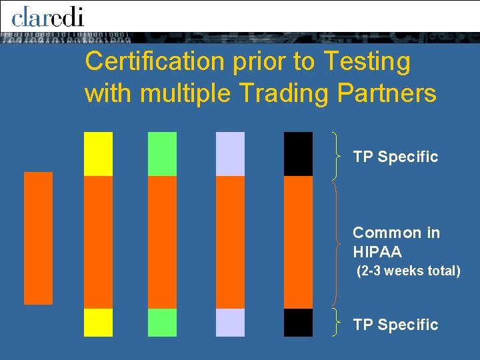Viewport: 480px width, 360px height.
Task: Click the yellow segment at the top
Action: [x=98, y=154]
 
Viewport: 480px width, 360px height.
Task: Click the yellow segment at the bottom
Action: [x=98, y=322]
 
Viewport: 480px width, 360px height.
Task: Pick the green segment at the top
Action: [x=162, y=154]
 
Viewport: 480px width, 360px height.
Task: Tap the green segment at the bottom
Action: [x=162, y=322]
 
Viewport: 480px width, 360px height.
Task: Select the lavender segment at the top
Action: [x=230, y=154]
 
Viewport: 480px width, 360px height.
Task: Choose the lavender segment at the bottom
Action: [x=230, y=322]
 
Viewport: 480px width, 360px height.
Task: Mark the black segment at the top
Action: [x=298, y=154]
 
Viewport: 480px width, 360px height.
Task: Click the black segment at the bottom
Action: [x=298, y=322]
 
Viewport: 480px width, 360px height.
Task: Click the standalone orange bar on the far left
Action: [x=38, y=238]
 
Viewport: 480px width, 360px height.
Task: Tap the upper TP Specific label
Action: [x=395, y=157]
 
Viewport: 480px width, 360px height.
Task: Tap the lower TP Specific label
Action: [x=395, y=325]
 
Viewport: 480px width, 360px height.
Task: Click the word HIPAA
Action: [x=377, y=251]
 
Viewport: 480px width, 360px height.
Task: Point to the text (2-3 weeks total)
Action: [x=408, y=271]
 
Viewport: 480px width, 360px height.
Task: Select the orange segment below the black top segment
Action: [x=298, y=242]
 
